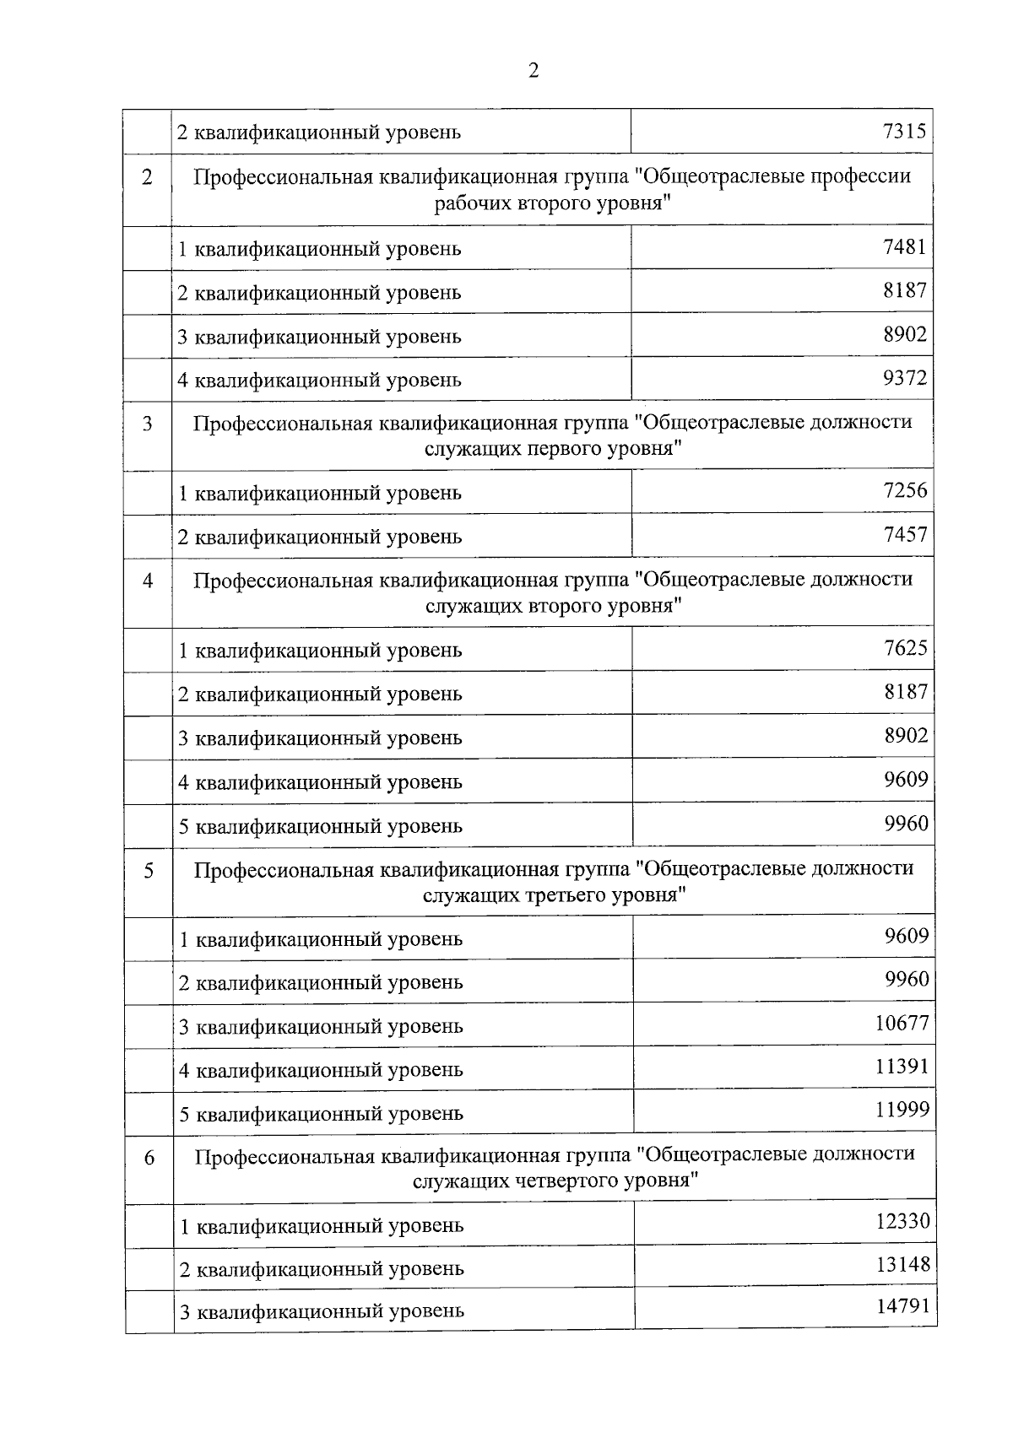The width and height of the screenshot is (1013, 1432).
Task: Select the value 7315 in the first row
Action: [x=904, y=131]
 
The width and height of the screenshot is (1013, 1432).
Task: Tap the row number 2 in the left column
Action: [x=148, y=178]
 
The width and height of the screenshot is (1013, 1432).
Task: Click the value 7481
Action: [x=904, y=247]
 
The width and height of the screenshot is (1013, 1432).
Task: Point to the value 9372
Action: [x=904, y=378]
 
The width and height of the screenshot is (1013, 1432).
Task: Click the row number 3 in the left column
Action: [x=148, y=423]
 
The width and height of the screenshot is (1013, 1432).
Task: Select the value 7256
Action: [x=905, y=490]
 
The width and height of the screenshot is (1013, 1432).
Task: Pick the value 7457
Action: [x=905, y=534]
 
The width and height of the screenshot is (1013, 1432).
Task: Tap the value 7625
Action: [x=905, y=648]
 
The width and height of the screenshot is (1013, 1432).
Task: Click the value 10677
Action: [x=902, y=1024]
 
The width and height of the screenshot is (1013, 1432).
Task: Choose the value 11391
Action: [x=902, y=1067]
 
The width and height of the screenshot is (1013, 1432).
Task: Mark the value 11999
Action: [x=902, y=1110]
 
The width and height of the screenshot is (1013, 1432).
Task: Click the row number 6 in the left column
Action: [x=149, y=1159]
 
